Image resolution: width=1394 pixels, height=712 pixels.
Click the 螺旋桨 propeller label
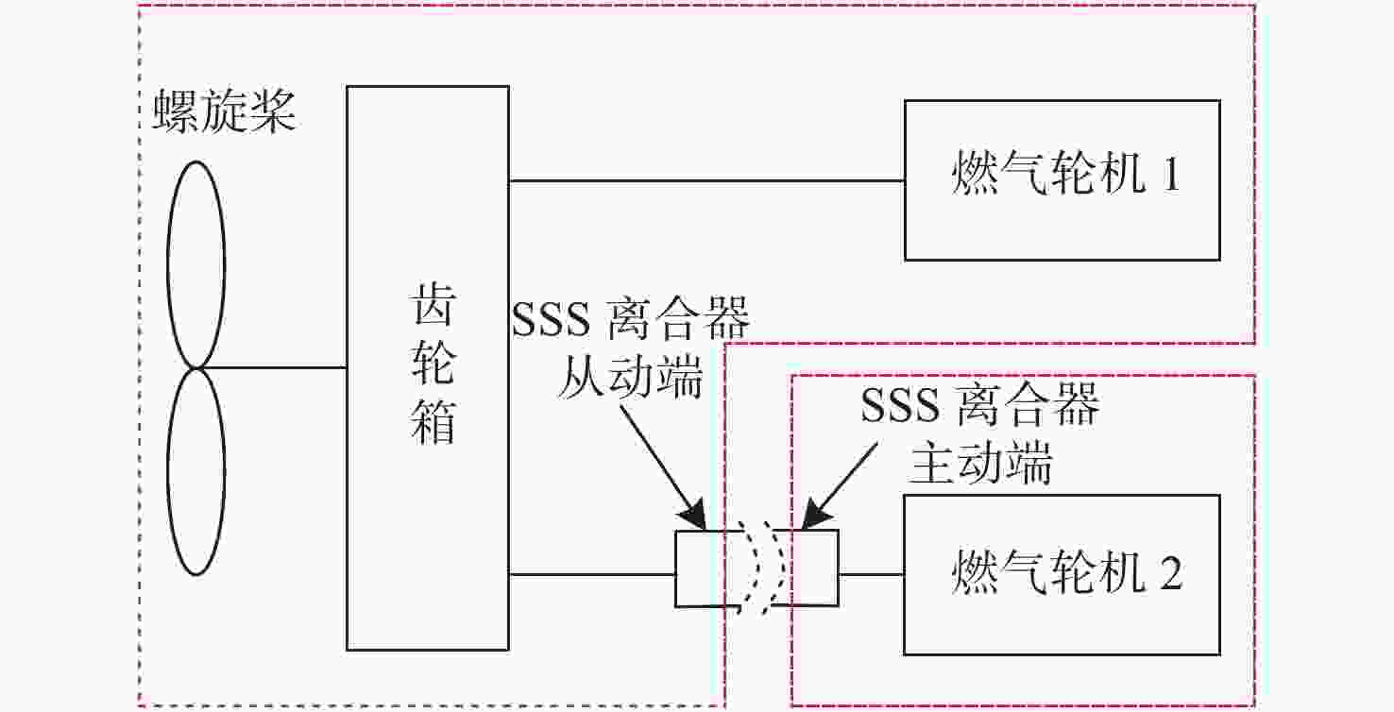(x=224, y=111)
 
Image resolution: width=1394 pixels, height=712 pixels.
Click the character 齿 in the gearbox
(x=433, y=304)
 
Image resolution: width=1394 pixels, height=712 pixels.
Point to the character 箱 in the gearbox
(x=433, y=421)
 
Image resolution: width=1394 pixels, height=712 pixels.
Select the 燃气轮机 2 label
(x=1066, y=570)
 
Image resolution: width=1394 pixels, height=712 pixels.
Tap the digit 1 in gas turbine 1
(x=1171, y=174)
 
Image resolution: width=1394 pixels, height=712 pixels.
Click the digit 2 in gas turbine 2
(x=1171, y=572)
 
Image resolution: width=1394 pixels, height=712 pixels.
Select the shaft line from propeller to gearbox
(x=272, y=368)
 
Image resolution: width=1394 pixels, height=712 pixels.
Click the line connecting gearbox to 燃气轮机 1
(x=706, y=181)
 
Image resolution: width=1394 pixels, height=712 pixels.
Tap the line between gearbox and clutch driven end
(x=592, y=574)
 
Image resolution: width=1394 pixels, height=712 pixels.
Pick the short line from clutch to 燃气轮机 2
(x=871, y=574)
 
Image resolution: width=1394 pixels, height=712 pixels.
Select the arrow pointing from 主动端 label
(x=840, y=486)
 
